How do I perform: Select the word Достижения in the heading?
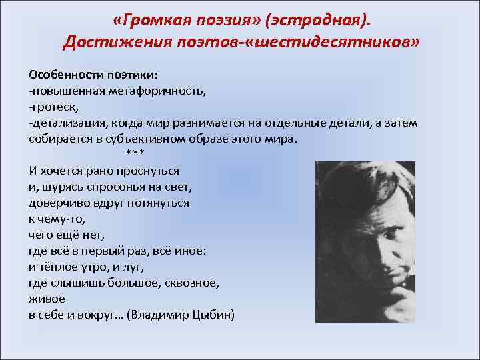click(112, 43)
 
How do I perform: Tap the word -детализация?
click(65, 123)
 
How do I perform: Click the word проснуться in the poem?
click(151, 171)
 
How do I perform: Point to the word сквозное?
click(195, 283)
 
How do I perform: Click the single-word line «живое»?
click(47, 299)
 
